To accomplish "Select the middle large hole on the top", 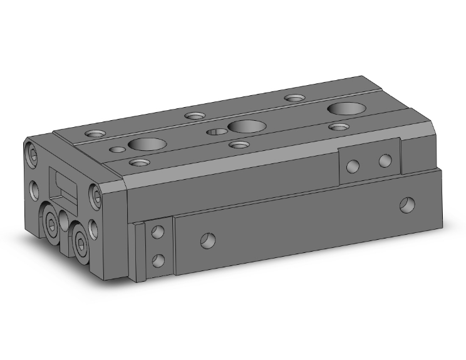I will [244, 126].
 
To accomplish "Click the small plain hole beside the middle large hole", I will [216, 131].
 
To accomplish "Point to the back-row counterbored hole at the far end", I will [293, 98].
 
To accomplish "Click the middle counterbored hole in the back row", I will [195, 115].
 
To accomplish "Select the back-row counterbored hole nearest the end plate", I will [97, 133].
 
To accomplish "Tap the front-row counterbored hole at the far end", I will [339, 127].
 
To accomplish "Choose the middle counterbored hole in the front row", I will [239, 145].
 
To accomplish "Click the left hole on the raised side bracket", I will [353, 166].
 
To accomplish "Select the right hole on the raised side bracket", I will [385, 161].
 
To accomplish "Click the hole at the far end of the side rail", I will [408, 203].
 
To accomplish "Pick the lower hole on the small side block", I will [158, 259].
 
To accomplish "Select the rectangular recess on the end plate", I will [63, 185].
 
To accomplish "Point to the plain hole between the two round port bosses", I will [65, 220].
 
